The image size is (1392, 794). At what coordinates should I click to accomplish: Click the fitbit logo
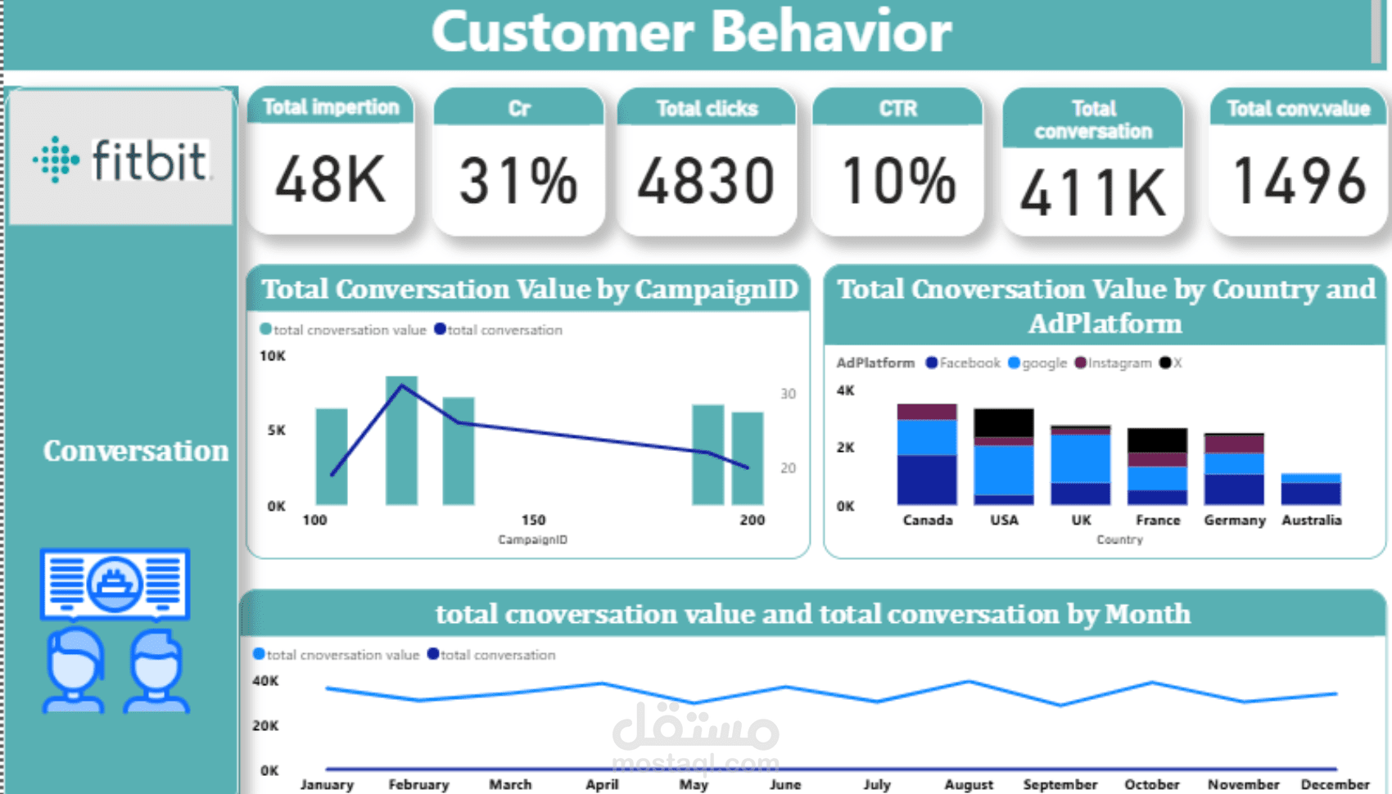coord(121,160)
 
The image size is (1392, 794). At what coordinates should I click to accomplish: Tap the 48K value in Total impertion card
coord(331,180)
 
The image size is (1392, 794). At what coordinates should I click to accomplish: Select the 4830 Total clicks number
coord(706,181)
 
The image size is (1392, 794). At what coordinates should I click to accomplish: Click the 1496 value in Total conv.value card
coord(1299,181)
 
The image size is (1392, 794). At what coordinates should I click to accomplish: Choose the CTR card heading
coord(897,109)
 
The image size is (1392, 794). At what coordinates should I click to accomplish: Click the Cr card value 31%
coord(518,181)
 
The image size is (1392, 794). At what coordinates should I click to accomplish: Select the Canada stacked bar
coord(926,454)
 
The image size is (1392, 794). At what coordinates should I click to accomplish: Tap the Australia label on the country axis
coord(1311,520)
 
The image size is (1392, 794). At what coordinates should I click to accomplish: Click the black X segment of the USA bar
coord(1003,422)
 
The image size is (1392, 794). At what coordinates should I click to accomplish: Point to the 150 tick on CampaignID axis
coord(533,520)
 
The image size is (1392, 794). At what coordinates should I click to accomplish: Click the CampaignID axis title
coord(532,539)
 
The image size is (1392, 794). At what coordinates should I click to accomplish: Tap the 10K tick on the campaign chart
coord(273,356)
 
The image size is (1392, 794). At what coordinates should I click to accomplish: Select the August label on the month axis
coord(969,784)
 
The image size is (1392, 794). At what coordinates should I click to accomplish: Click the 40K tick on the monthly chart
coord(265,681)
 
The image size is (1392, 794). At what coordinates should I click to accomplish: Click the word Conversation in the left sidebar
coord(136,451)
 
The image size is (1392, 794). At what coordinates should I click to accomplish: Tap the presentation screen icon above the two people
coord(115,583)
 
